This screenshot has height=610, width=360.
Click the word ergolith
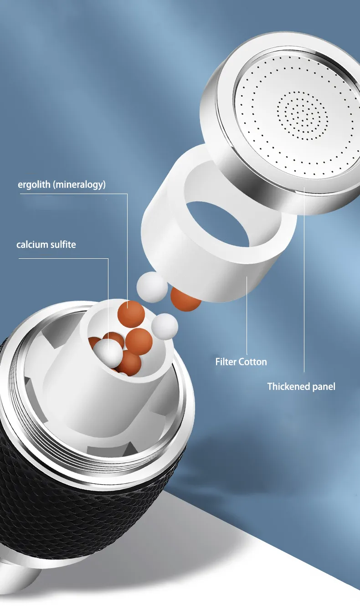[x=34, y=185]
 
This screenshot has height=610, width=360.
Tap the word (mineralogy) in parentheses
[x=79, y=185]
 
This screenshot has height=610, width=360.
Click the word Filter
[x=226, y=362]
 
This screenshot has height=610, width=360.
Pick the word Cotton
[x=253, y=362]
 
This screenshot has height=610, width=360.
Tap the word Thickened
[x=288, y=386]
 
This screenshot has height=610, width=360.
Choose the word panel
[x=324, y=387]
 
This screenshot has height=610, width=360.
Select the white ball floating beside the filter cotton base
[x=152, y=287]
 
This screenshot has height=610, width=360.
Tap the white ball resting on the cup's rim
[x=165, y=327]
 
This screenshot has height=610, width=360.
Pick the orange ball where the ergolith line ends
[x=131, y=314]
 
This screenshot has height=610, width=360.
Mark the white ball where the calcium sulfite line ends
[x=108, y=353]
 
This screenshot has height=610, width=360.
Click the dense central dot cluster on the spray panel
[x=302, y=116]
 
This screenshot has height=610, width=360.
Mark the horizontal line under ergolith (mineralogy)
[x=73, y=194]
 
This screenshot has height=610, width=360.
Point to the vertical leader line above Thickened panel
[x=304, y=279]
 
